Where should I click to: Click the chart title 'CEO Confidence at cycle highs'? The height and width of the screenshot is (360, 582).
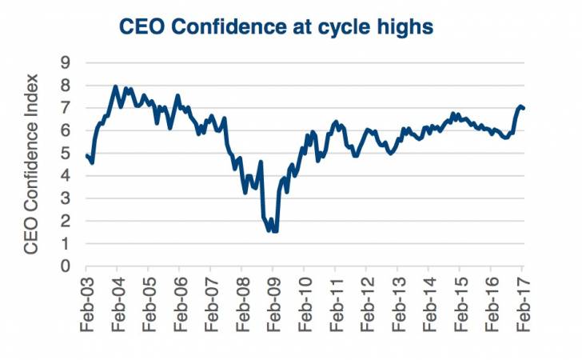276,26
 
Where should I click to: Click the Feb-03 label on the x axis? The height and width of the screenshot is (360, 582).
86,309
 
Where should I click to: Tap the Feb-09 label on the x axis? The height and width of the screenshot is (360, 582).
273,309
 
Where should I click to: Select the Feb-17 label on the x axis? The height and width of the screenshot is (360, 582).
523,309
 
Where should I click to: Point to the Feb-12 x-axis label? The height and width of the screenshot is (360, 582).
367,309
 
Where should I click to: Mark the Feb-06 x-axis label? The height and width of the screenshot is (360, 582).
180,309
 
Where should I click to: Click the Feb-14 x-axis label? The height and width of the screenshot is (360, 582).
429,309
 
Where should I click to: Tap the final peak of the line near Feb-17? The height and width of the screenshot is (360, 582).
520,106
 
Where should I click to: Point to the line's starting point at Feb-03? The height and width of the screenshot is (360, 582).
86,155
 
